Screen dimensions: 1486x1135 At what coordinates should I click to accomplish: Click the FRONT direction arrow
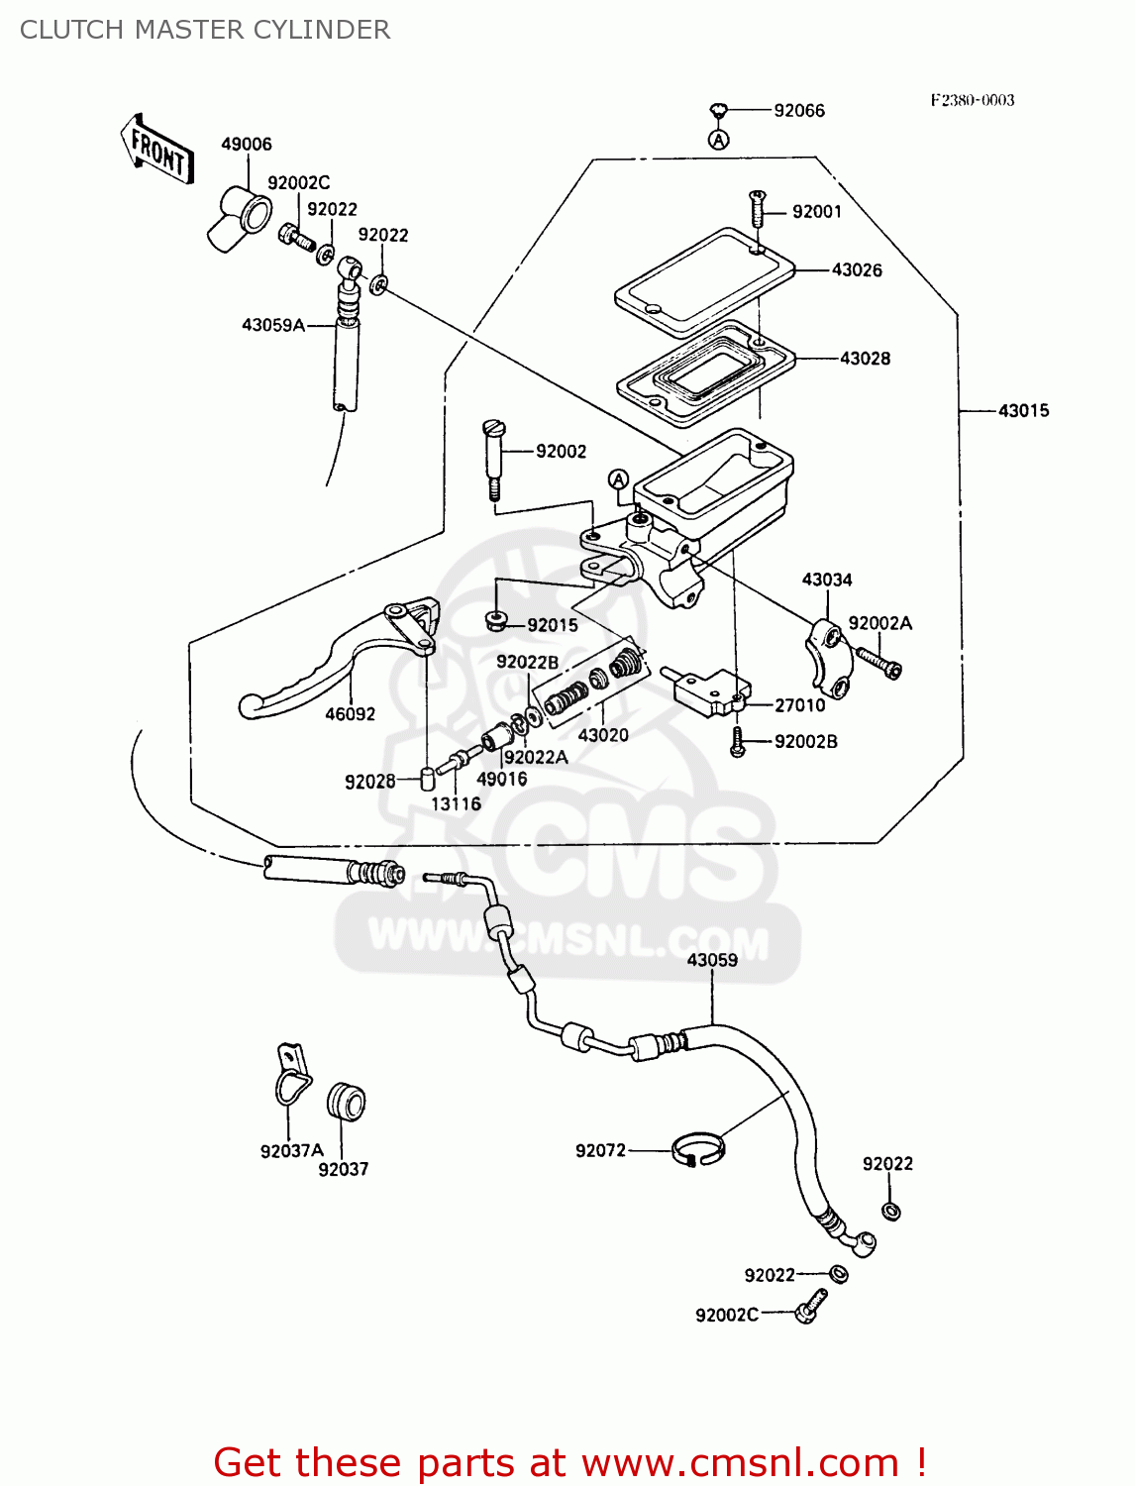157,151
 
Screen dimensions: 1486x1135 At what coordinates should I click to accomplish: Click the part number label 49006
246,145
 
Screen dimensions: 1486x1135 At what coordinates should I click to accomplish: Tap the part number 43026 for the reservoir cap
857,270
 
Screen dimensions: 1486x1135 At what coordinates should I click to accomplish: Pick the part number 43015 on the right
1023,411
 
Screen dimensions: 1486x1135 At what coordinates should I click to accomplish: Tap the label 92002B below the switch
805,742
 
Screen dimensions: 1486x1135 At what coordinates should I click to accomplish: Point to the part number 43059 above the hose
712,960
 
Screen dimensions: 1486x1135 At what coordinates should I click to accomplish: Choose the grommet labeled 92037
347,1102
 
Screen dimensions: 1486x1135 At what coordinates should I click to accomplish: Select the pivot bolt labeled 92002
493,455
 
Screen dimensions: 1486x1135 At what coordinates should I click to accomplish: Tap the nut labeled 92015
496,621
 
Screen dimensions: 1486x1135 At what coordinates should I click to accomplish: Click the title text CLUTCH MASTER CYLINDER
205,30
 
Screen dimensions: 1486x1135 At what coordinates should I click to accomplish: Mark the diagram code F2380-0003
972,100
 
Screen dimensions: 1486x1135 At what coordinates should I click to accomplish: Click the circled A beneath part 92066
719,140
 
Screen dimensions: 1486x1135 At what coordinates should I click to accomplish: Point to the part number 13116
456,803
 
